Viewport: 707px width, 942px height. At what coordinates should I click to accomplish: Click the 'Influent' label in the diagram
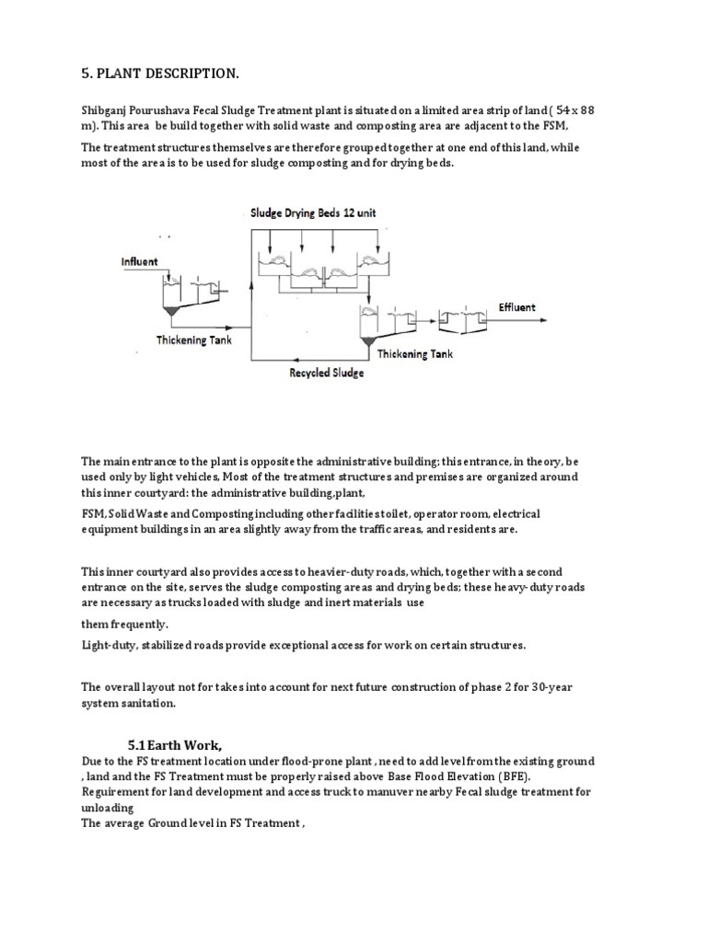(x=140, y=261)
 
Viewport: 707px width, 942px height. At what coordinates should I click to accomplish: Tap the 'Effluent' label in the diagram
(x=516, y=307)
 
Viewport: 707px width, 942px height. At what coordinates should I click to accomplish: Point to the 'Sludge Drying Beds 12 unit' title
(x=313, y=213)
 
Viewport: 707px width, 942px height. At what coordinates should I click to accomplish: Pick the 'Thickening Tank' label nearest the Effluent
(x=414, y=352)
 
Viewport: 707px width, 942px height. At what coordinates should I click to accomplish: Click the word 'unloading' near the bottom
(x=108, y=808)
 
